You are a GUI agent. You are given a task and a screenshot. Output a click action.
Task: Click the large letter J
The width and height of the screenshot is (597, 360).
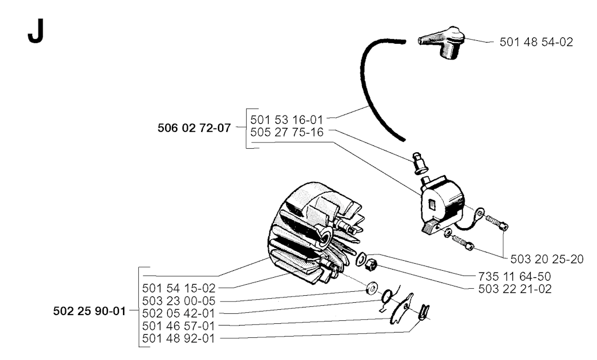click(36, 32)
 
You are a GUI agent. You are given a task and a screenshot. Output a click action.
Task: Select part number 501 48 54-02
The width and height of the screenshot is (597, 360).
click(536, 42)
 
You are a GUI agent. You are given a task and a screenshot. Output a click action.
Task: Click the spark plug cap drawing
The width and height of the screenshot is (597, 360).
click(442, 42)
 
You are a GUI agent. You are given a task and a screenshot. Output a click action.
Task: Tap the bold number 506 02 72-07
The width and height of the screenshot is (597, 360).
click(194, 128)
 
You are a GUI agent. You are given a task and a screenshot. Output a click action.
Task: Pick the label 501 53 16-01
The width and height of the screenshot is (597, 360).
click(286, 120)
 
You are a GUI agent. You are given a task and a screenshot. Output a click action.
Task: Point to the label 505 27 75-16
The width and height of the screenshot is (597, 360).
click(287, 132)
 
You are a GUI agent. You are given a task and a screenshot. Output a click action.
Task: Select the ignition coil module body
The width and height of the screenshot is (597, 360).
click(443, 204)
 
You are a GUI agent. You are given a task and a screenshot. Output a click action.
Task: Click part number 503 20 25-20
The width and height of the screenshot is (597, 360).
click(547, 259)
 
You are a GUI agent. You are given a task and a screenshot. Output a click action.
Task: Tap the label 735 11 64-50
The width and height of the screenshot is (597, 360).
click(514, 276)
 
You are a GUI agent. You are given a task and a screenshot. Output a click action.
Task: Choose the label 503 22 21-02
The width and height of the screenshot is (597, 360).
click(515, 289)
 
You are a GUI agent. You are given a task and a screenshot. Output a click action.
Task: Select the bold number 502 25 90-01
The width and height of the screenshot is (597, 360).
click(89, 311)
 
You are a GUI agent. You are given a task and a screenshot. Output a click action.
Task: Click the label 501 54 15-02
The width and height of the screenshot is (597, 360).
click(178, 288)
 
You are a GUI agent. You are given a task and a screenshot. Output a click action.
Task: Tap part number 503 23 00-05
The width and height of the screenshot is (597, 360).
click(178, 301)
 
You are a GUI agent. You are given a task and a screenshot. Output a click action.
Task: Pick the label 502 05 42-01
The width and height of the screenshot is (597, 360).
click(178, 313)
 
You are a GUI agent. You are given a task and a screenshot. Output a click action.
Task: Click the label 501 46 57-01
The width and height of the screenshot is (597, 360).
click(178, 326)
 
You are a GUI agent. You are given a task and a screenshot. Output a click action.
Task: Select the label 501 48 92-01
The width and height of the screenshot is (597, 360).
click(178, 338)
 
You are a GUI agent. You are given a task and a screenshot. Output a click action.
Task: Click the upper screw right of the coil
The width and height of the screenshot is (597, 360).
click(496, 222)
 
